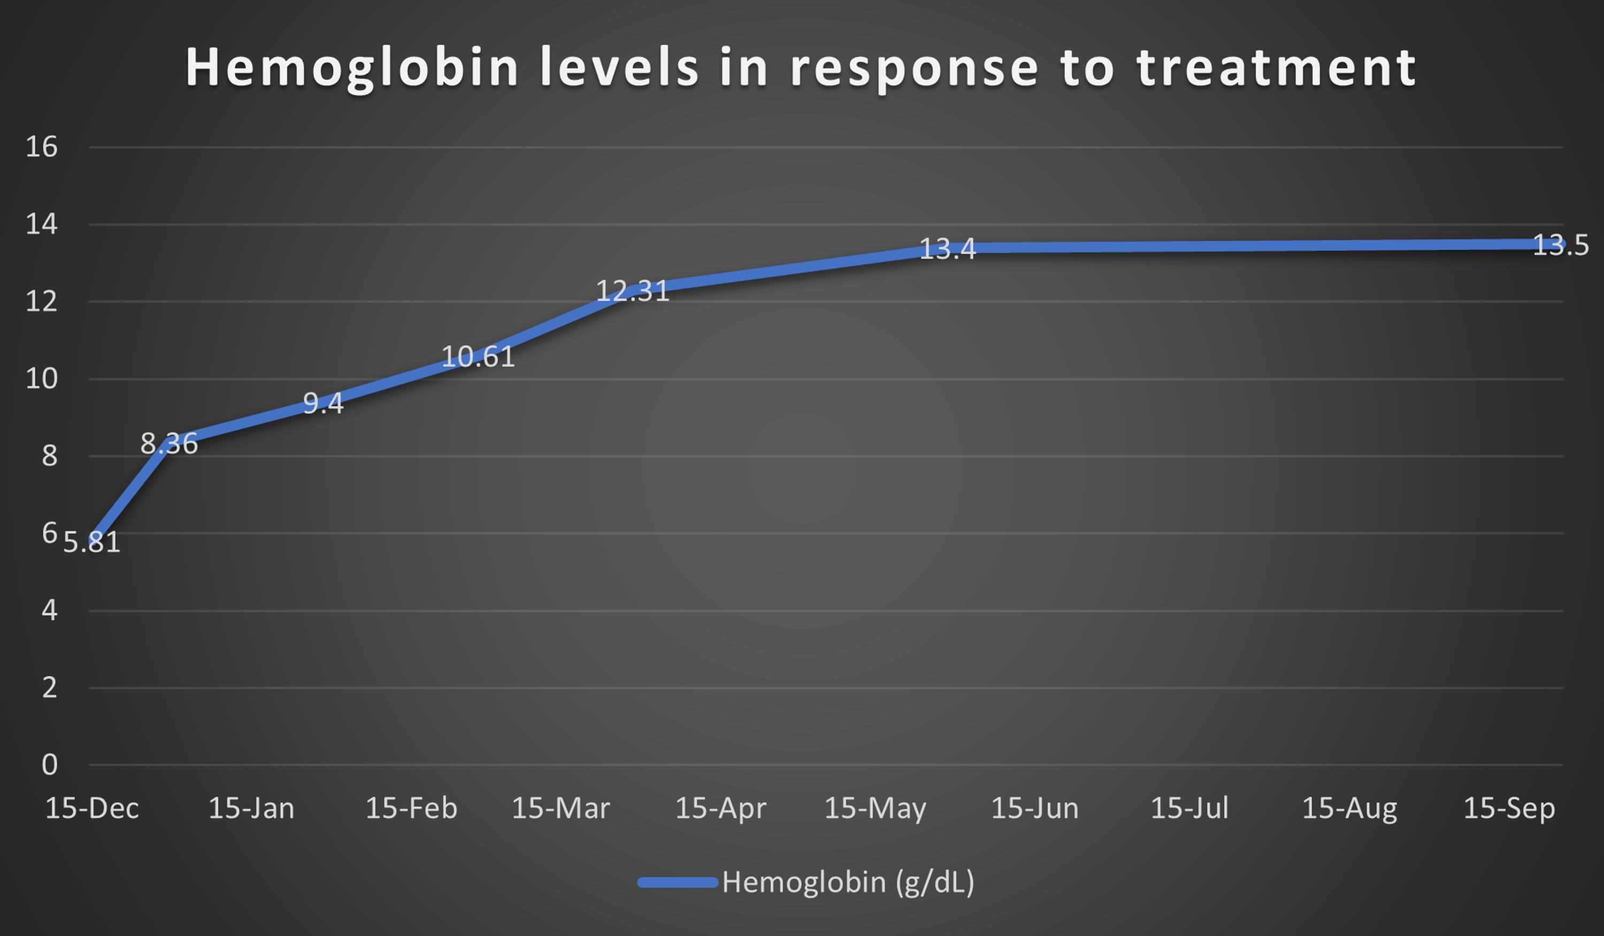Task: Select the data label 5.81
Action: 91,542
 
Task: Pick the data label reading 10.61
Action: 477,357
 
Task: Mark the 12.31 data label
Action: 632,291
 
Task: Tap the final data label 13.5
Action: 1560,245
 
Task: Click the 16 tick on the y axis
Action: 41,147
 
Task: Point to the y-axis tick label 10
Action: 41,379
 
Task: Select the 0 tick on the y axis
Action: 49,765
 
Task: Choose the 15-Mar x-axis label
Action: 560,809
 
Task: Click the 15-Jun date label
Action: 1035,809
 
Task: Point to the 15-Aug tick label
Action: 1349,809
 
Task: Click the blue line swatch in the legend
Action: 677,883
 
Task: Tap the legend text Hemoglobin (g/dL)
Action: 848,883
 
